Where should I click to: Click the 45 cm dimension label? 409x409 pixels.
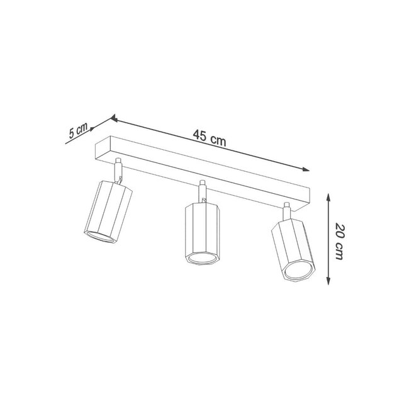tap(210, 140)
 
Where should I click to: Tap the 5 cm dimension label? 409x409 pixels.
tap(79, 130)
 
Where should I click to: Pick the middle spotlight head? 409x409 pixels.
tap(201, 233)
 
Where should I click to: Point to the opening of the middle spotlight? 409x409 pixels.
tap(203, 260)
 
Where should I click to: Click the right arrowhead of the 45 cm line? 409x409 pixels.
tap(306, 169)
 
